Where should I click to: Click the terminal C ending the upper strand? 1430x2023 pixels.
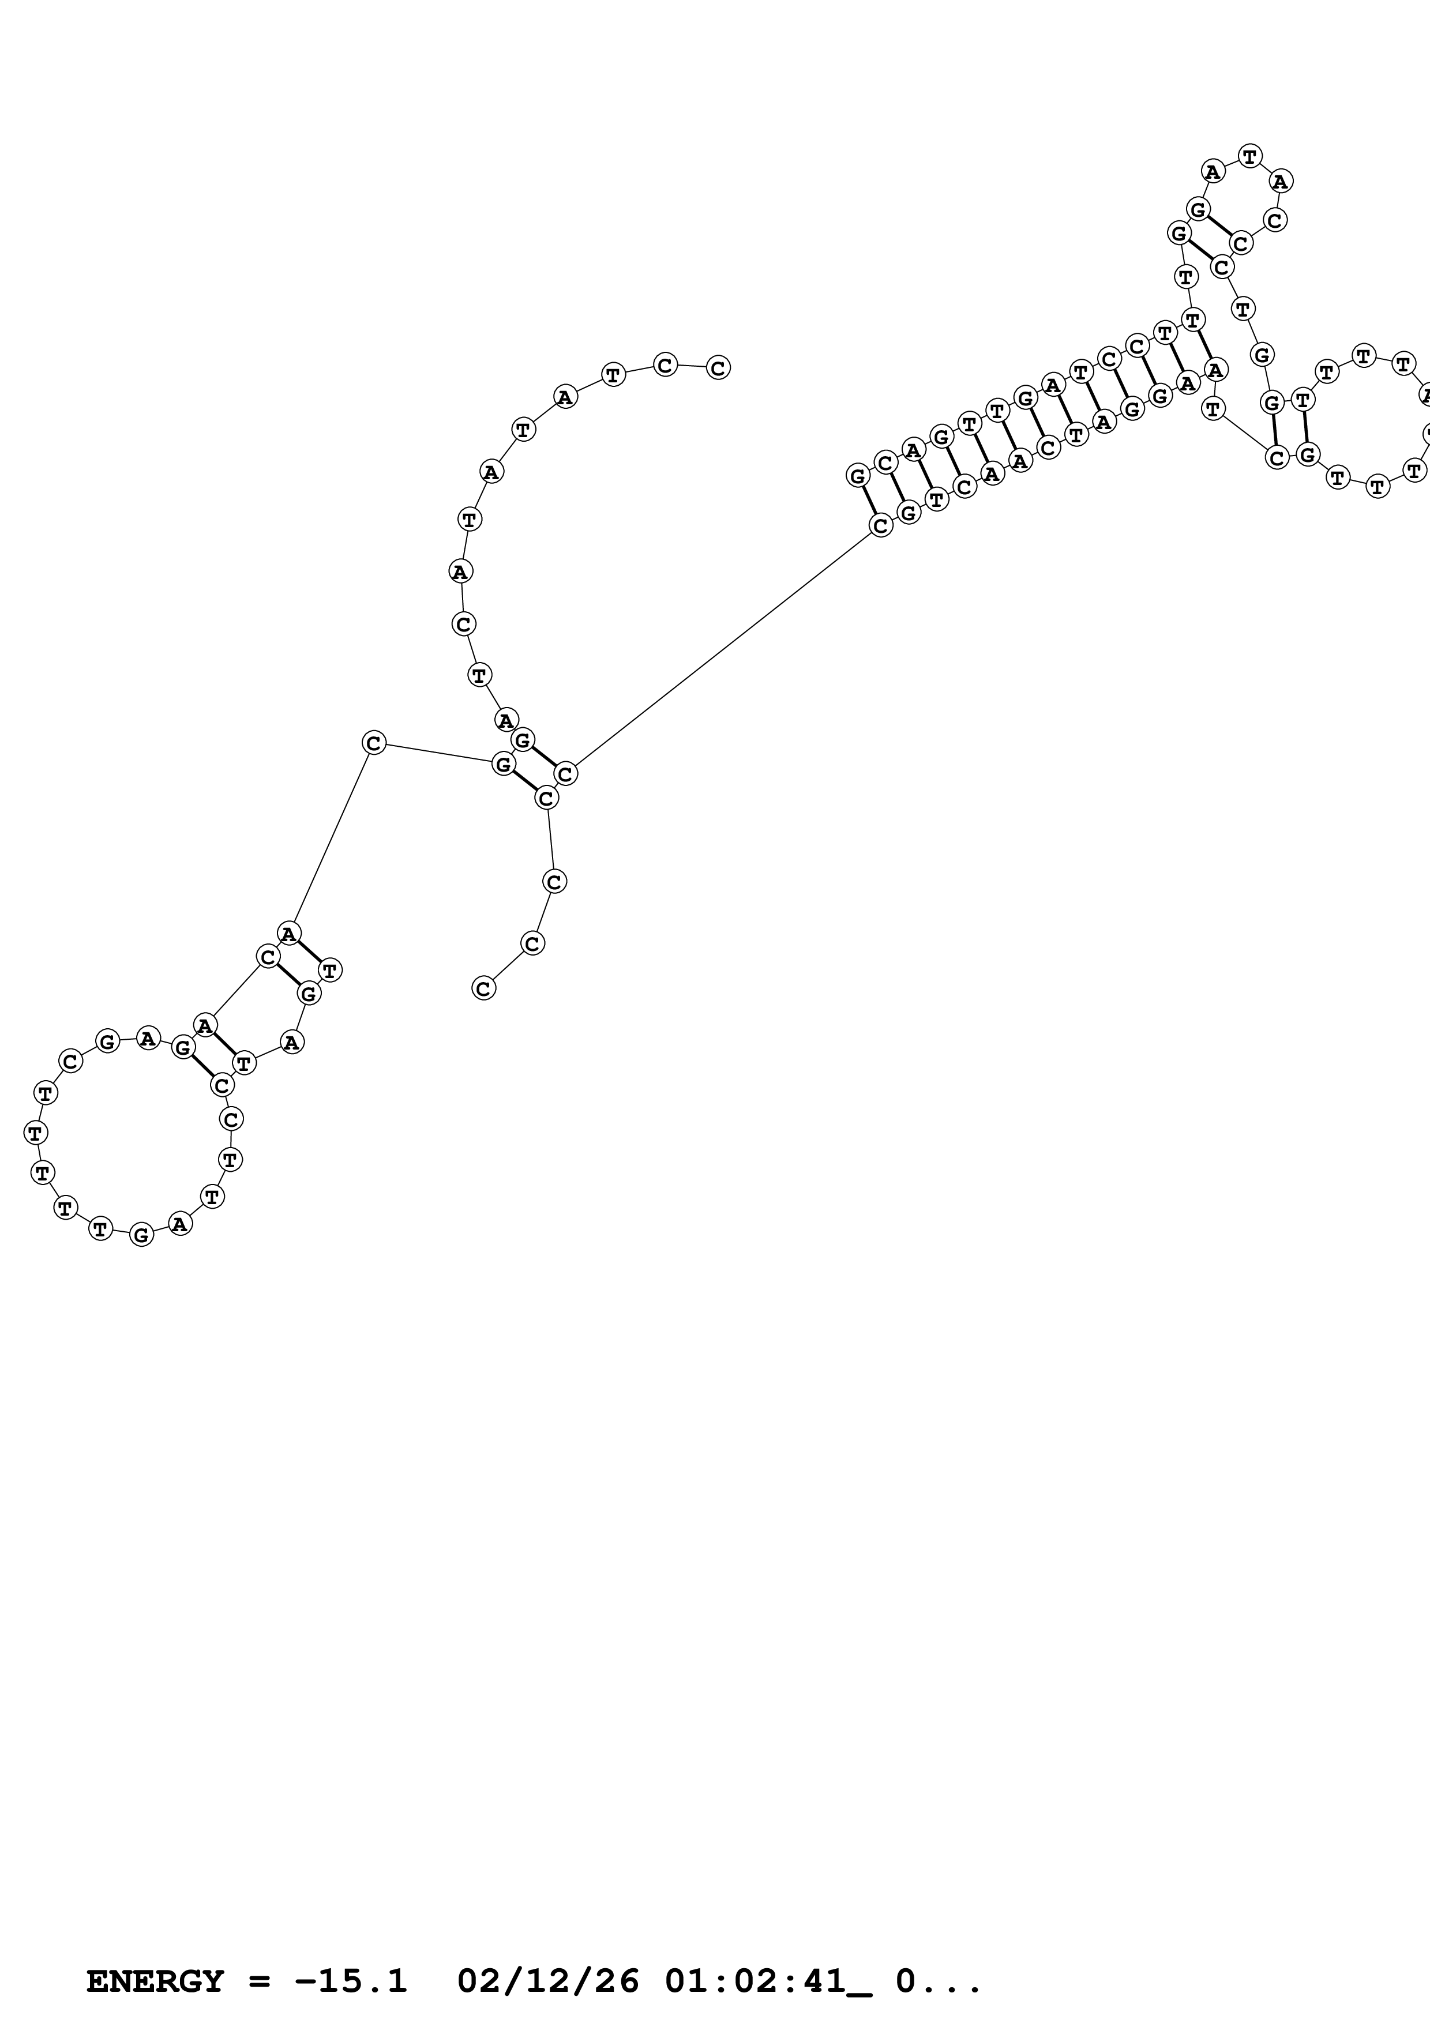click(718, 367)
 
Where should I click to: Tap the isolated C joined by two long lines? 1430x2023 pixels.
click(374, 743)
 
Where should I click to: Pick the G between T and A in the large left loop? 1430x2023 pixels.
click(141, 1235)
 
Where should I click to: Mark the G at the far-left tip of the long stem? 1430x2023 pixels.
click(857, 476)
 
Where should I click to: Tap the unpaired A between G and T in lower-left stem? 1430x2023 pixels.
click(292, 1042)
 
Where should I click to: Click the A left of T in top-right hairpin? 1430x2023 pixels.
click(1213, 171)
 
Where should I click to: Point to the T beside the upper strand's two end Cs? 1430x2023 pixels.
click(613, 374)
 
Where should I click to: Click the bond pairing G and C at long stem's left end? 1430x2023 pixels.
click(869, 501)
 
